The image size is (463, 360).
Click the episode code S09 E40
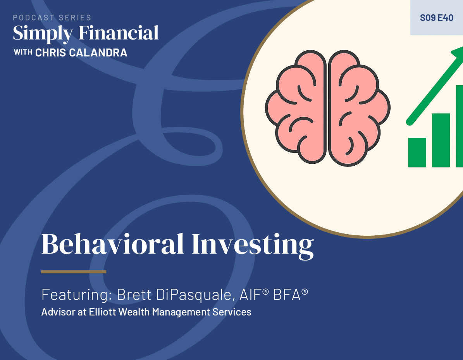click(436, 18)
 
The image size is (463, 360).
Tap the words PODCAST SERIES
click(52, 18)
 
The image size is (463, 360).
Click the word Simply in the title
click(43, 34)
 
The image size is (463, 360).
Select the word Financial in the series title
click(119, 33)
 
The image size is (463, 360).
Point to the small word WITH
click(23, 53)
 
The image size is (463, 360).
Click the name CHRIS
click(50, 53)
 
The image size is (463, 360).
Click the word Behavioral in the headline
click(112, 244)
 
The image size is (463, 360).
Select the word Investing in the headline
click(253, 246)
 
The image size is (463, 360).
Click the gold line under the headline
click(74, 271)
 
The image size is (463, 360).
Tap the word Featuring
click(76, 295)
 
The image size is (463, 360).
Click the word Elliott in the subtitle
click(102, 312)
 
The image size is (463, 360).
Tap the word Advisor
click(58, 312)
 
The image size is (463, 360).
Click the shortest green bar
click(417, 153)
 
